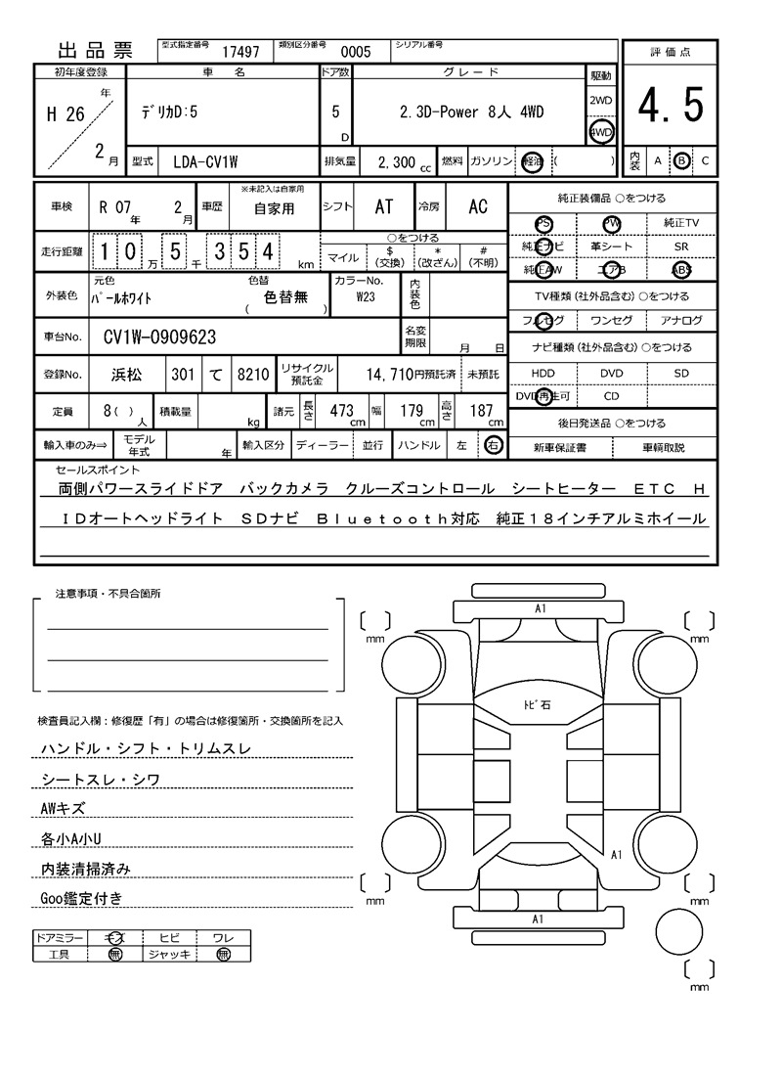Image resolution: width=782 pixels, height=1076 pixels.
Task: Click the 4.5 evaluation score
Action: click(x=671, y=106)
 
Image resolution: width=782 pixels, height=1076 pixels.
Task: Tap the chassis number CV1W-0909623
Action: click(x=160, y=338)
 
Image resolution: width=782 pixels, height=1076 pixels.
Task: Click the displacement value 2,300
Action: click(x=395, y=161)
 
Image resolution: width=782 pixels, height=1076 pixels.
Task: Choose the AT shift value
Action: click(x=384, y=207)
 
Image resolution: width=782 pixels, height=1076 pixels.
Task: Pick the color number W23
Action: click(x=366, y=296)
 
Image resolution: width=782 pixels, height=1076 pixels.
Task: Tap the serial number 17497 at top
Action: click(x=240, y=52)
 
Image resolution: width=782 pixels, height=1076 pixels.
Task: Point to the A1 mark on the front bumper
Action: click(x=540, y=608)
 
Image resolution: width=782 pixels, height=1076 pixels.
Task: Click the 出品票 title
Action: click(x=94, y=51)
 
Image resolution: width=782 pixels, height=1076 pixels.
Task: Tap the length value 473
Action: click(x=341, y=411)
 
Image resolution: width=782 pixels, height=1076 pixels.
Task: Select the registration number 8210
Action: click(x=252, y=374)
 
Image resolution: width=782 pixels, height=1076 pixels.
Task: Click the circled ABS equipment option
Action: click(x=681, y=270)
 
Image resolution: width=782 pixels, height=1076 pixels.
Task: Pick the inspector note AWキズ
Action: click(x=63, y=809)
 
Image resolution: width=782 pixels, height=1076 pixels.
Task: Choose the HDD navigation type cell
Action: click(x=543, y=374)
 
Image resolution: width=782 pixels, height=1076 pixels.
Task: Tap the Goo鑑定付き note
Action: click(x=81, y=898)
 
